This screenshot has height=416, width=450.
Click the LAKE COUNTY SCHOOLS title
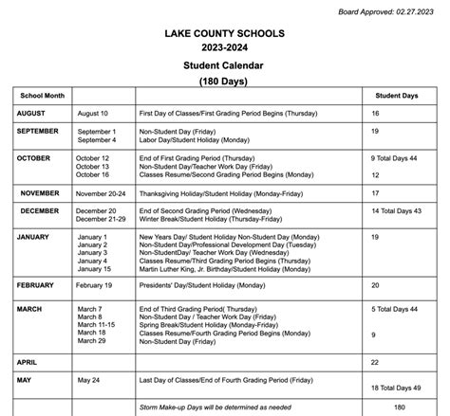[224, 33]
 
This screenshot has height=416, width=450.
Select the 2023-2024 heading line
[224, 47]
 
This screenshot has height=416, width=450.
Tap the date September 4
[97, 140]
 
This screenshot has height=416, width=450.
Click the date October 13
[93, 167]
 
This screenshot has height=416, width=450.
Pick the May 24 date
[90, 380]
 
